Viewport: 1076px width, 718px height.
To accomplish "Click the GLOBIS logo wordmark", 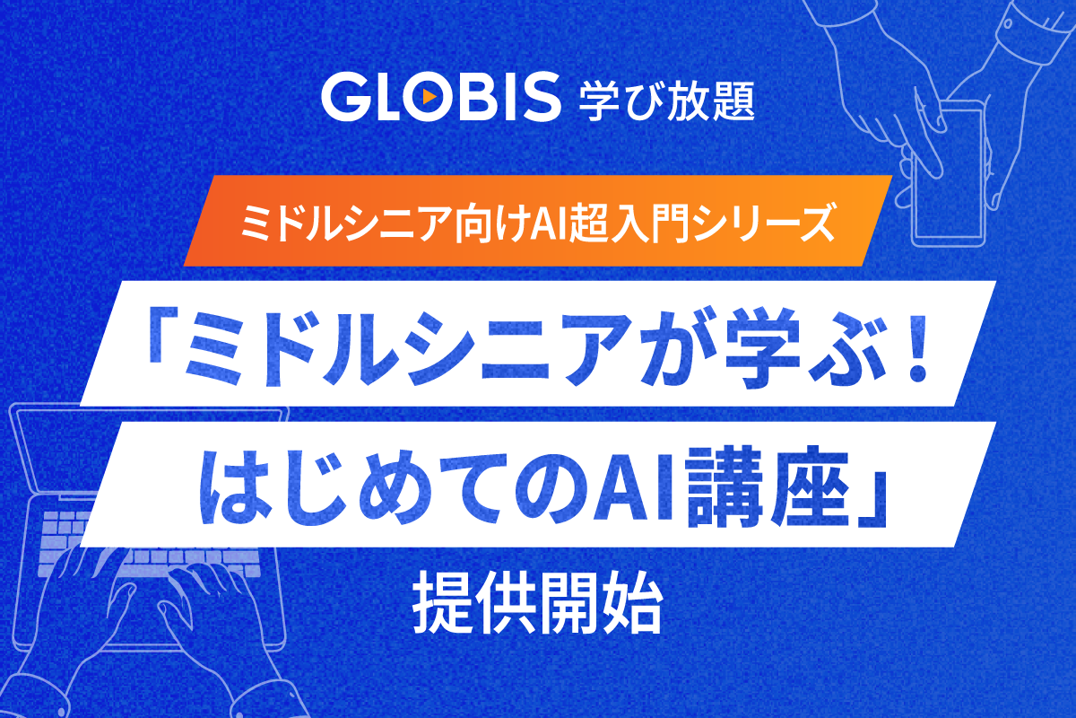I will click(438, 98).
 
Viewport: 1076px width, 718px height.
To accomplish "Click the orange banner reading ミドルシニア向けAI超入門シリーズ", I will click(538, 221).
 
